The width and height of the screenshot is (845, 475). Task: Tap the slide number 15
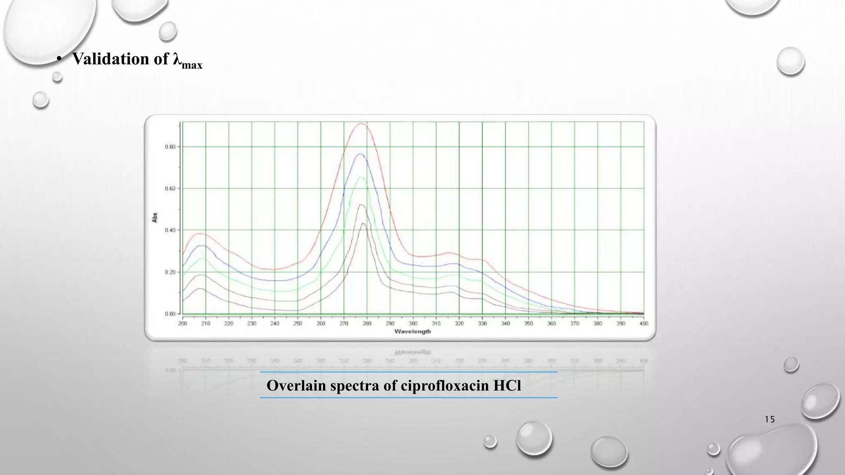[x=769, y=419]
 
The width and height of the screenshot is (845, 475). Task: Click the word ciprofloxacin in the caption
[x=444, y=386]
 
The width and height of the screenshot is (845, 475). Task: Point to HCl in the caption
[x=507, y=386]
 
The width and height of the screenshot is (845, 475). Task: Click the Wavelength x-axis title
[x=413, y=332]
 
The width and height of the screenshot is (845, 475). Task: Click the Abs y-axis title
[x=155, y=218]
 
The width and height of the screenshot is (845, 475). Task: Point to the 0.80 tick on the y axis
[x=170, y=147]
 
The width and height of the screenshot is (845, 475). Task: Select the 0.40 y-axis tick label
[x=170, y=230]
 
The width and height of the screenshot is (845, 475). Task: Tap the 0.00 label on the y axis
[x=170, y=314]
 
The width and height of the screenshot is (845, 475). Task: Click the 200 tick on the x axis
[x=182, y=324]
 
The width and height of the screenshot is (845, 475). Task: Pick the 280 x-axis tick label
[x=367, y=324]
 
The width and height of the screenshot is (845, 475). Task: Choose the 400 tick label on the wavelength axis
[x=644, y=324]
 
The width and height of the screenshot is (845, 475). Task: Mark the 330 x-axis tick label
[x=482, y=324]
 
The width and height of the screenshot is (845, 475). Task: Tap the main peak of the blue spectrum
[x=361, y=154]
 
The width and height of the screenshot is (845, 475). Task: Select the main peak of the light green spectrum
[x=362, y=177]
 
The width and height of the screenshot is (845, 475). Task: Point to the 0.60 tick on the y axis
[x=170, y=188]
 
